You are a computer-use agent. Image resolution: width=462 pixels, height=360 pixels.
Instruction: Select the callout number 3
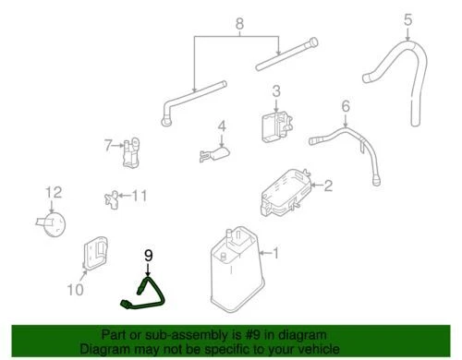275,90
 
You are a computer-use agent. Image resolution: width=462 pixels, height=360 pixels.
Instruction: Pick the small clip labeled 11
113,196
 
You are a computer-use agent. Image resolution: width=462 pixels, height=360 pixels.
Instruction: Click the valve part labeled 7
131,149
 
